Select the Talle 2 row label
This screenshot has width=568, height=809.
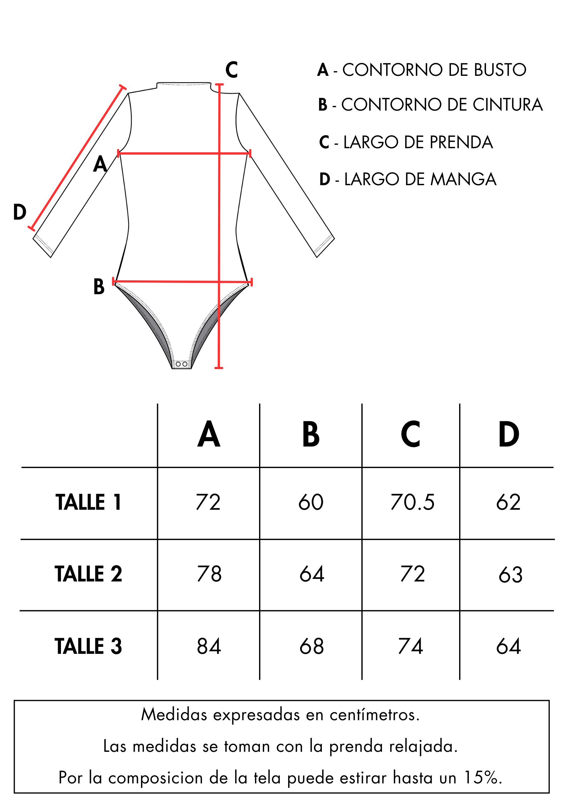[88, 574]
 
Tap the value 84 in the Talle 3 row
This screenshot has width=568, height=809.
[209, 646]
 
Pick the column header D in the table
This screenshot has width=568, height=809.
[509, 435]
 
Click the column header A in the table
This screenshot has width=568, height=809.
[209, 435]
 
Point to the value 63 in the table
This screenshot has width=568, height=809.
[510, 575]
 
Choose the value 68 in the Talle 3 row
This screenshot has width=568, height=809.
[311, 646]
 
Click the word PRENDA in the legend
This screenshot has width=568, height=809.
[461, 142]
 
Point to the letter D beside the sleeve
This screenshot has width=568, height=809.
[20, 212]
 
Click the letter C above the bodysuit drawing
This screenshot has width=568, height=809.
[232, 70]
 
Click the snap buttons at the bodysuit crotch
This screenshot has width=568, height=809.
[181, 364]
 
